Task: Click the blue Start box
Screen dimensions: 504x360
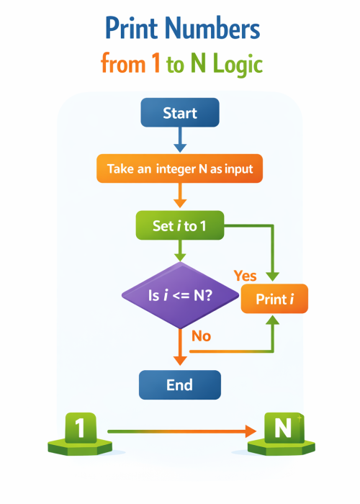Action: tap(179, 113)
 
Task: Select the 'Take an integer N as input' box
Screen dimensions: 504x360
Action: tap(179, 170)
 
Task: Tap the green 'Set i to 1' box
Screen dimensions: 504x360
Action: tap(179, 226)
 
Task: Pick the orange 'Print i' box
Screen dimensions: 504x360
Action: tap(274, 299)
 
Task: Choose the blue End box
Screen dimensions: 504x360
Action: tap(179, 384)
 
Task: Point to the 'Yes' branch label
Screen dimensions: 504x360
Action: tap(246, 276)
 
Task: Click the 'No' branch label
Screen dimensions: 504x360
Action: tap(201, 336)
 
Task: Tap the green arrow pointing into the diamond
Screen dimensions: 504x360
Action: tap(180, 252)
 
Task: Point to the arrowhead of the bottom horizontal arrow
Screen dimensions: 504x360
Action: tap(250, 431)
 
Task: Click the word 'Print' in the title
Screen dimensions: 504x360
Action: tap(131, 30)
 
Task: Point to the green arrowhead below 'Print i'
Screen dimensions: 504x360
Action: tap(274, 323)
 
